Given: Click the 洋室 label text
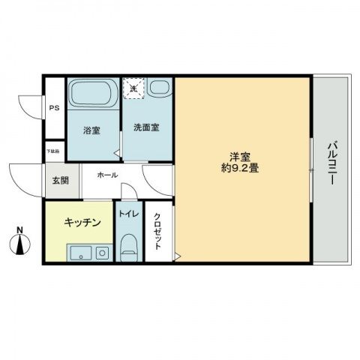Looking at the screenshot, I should tap(239, 157).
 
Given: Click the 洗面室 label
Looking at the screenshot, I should tap(146, 127).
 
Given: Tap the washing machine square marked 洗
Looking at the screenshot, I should tap(133, 89).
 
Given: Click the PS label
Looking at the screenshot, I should tap(54, 108).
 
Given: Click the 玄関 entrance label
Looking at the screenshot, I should tap(59, 180).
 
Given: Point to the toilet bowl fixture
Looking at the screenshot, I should tap(128, 246).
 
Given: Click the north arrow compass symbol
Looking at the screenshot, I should tap(21, 244).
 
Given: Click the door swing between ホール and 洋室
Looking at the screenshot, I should tap(158, 178).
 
